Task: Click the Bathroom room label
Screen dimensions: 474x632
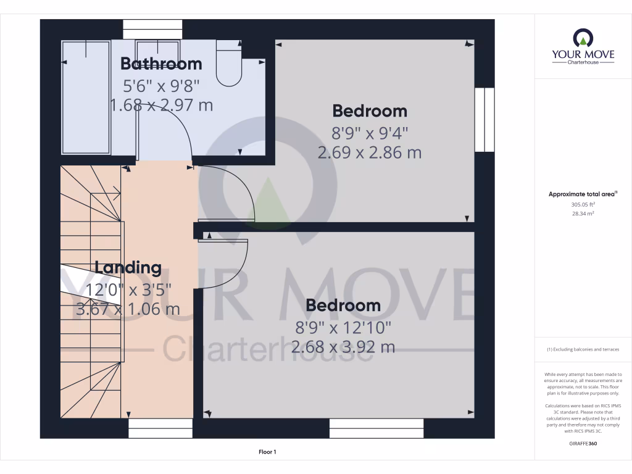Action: click(161, 64)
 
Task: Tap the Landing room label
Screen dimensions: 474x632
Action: click(128, 268)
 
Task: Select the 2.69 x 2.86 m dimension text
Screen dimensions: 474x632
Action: click(369, 152)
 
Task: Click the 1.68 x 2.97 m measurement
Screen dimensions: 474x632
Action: click(161, 105)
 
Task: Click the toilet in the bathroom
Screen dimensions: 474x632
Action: click(230, 65)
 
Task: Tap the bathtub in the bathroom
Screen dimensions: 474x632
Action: click(86, 97)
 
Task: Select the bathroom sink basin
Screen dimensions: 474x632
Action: click(157, 49)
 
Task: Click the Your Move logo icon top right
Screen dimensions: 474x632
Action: click(583, 39)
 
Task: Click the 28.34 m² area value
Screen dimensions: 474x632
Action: click(583, 214)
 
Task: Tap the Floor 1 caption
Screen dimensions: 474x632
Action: click(267, 452)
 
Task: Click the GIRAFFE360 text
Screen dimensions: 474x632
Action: click(583, 444)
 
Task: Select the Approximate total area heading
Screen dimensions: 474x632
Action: click(583, 194)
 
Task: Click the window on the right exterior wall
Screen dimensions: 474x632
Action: click(485, 120)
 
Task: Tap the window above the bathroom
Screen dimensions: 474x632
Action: click(152, 29)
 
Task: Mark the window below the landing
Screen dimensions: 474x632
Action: click(160, 428)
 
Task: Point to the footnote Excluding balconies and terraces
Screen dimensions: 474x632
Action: click(583, 350)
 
